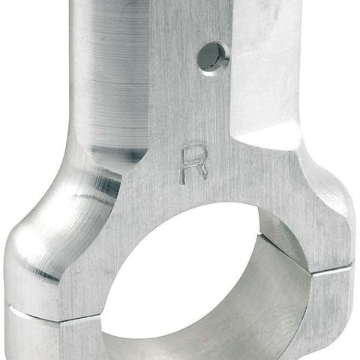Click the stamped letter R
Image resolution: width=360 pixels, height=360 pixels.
pos(194,163)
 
